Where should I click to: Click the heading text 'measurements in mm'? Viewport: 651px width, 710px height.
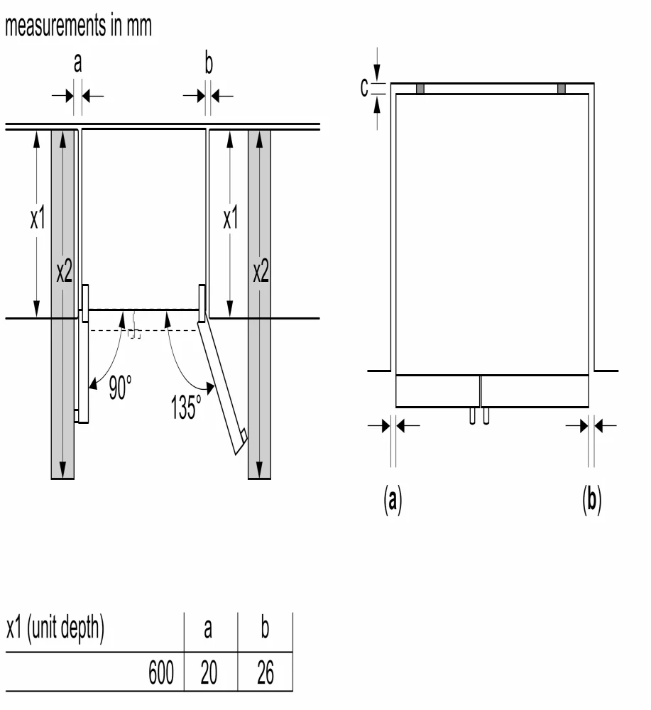(x=78, y=28)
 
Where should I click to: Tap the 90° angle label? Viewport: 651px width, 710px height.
(x=120, y=388)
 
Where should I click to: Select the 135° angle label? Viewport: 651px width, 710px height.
(x=186, y=407)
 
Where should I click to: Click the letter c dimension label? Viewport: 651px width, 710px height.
(x=364, y=87)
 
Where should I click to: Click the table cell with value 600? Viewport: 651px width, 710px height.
(x=161, y=672)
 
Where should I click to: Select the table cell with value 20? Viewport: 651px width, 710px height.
(x=208, y=672)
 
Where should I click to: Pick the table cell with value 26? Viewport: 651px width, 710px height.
(x=265, y=672)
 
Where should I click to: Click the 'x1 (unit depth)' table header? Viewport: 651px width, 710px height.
(x=55, y=630)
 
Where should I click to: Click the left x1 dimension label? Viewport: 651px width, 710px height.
(x=37, y=219)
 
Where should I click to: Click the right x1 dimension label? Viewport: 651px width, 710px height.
(x=231, y=219)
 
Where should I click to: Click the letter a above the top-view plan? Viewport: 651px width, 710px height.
(x=78, y=65)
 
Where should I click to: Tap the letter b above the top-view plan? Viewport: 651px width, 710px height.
(x=208, y=65)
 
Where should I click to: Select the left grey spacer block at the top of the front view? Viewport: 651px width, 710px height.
(x=420, y=89)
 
